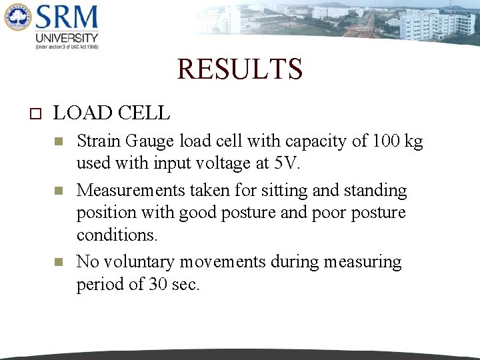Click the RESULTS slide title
239,69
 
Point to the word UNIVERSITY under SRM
67,38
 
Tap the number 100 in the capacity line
387,141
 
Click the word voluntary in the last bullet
141,262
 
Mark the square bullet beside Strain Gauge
58,141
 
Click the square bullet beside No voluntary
58,262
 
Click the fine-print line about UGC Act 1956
67,47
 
